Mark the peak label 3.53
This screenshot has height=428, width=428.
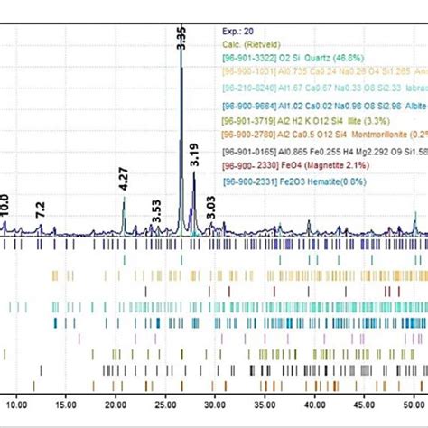click(156, 217)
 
